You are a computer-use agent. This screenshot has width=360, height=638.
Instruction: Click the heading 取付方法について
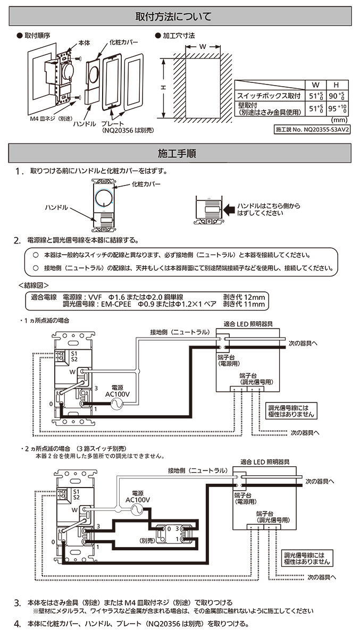tap(180, 16)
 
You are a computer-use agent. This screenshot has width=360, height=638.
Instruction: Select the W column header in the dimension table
tap(315, 85)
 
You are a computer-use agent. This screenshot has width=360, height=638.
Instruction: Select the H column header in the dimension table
tap(336, 85)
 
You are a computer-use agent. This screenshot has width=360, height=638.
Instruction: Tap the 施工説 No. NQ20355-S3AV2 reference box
tap(312, 129)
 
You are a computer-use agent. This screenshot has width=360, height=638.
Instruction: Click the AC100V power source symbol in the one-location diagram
tap(114, 404)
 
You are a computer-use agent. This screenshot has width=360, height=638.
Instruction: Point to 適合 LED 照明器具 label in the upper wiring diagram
tap(249, 323)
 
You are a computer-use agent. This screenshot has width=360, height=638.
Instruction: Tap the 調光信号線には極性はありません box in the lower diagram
tap(307, 558)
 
